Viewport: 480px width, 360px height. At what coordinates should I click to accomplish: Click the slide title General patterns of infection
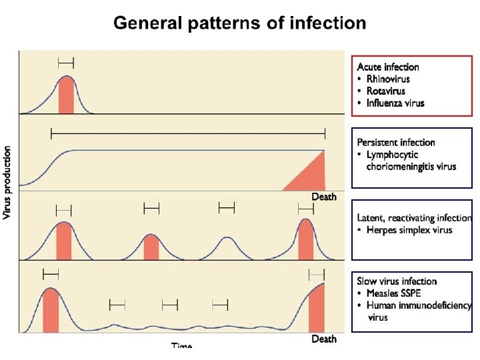(x=239, y=23)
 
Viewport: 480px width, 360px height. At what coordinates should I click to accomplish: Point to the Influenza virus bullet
(x=395, y=103)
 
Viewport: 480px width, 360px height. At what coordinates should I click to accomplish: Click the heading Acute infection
(x=388, y=67)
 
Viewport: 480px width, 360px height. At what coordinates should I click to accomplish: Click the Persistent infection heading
(x=396, y=142)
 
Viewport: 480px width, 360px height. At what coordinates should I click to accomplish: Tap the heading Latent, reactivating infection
(x=414, y=218)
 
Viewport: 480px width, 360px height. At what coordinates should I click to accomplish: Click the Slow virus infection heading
(x=397, y=281)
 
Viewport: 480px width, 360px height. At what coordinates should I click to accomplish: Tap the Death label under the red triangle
(x=324, y=197)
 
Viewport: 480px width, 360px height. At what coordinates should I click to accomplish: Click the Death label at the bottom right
(x=324, y=339)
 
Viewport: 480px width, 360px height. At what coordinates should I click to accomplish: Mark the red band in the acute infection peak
(x=65, y=97)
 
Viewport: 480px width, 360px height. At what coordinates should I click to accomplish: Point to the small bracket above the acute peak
(x=65, y=63)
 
